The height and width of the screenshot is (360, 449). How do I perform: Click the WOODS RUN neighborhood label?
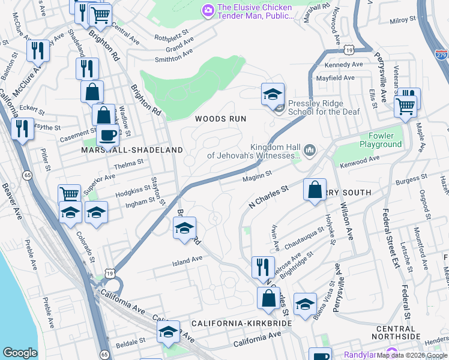pyautogui.click(x=220, y=119)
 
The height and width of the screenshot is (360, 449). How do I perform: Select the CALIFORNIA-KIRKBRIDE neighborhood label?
pyautogui.click(x=241, y=323)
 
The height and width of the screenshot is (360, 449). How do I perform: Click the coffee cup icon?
pyautogui.click(x=107, y=136)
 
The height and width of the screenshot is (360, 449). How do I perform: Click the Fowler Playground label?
pyautogui.click(x=381, y=140)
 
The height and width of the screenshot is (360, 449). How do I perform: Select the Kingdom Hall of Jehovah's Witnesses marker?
pyautogui.click(x=310, y=149)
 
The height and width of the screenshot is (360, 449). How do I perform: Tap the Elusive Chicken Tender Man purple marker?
pyautogui.click(x=208, y=10)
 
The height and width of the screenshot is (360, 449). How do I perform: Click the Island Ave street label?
pyautogui.click(x=188, y=261)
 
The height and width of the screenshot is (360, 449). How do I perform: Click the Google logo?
pyautogui.click(x=20, y=353)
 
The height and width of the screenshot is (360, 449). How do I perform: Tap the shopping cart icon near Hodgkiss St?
pyautogui.click(x=70, y=194)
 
